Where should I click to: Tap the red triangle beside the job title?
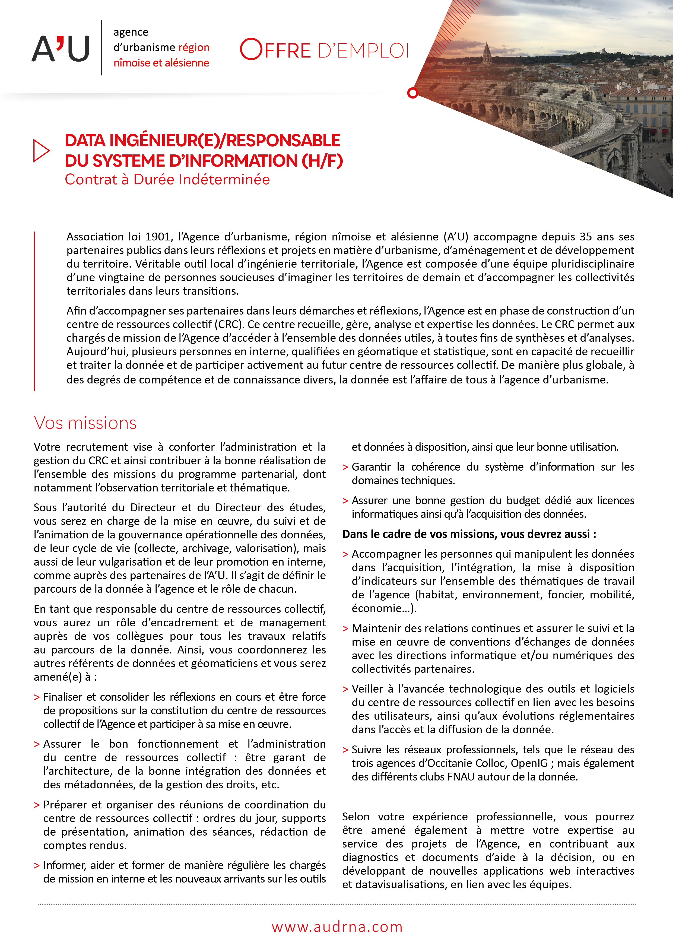pyautogui.click(x=41, y=151)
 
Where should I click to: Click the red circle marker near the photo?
pyautogui.click(x=412, y=93)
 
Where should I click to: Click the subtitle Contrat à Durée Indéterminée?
pyautogui.click(x=167, y=180)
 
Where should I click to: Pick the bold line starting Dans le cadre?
pyautogui.click(x=469, y=534)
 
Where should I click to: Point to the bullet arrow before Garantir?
pyautogui.click(x=345, y=468)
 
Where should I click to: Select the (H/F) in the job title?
pyautogui.click(x=322, y=161)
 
